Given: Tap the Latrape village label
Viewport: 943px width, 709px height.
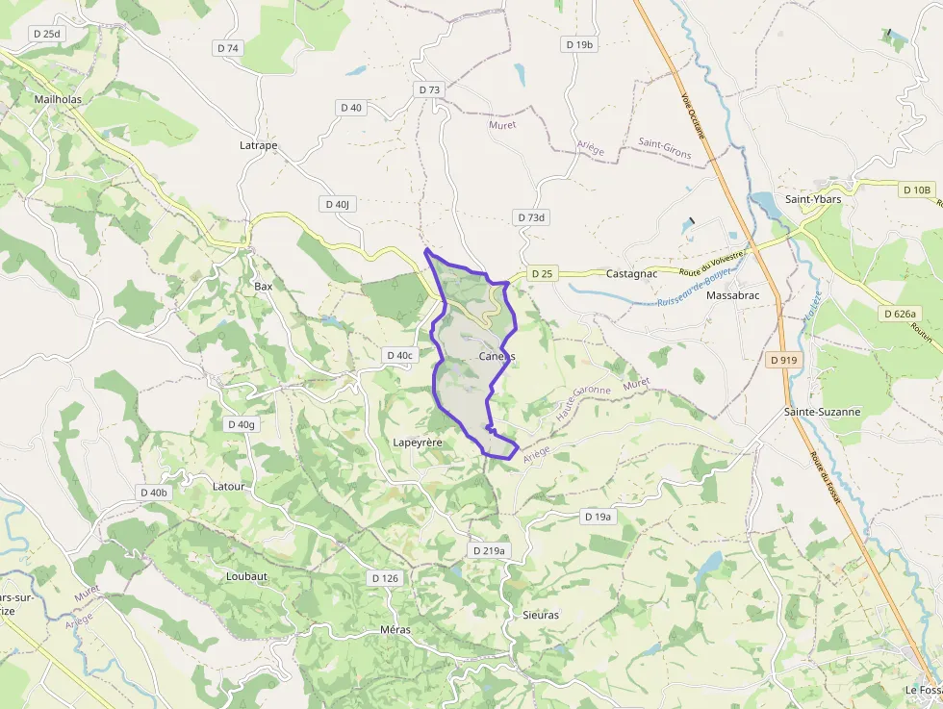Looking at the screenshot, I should (258, 145).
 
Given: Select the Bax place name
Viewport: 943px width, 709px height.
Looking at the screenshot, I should (263, 286).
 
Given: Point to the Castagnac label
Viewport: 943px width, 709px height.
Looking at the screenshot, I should (631, 274).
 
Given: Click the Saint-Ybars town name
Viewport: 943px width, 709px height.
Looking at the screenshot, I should (813, 199).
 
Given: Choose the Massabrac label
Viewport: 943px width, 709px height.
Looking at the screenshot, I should (732, 295).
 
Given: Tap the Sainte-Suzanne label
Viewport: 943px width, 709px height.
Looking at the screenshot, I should (822, 412).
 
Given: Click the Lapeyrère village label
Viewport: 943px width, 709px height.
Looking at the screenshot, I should (418, 443).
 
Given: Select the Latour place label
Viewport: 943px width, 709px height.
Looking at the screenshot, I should (228, 486).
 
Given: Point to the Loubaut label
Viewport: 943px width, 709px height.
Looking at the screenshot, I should (246, 576).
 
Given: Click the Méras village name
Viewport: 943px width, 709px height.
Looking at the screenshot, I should (395, 630).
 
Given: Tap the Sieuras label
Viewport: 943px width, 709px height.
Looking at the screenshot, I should (540, 615).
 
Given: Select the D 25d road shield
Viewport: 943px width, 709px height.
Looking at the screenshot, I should (46, 34).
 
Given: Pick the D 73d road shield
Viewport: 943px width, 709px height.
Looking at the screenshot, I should (530, 217).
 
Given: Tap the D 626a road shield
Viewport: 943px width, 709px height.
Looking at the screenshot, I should (901, 314).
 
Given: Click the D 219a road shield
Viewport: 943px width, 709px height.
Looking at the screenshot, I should (489, 550).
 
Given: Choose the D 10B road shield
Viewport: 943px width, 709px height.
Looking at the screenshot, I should (917, 190).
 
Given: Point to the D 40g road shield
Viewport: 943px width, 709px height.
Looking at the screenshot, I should (242, 424).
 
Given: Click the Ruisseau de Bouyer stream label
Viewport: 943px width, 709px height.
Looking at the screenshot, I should (695, 289).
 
